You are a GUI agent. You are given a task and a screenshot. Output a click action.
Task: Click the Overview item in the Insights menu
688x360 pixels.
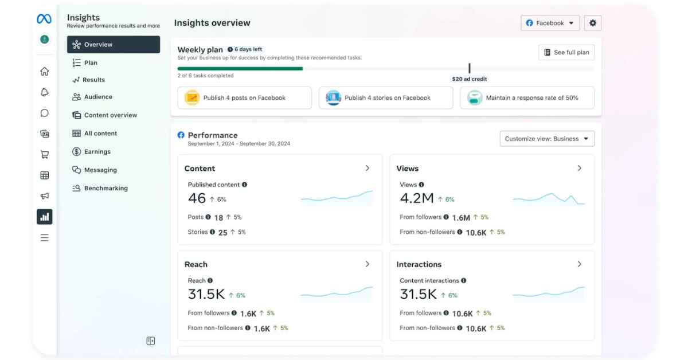[x=113, y=45]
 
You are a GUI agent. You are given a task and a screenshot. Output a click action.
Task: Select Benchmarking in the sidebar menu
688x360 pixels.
[x=105, y=188]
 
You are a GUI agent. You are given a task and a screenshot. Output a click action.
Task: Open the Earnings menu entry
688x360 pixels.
[x=97, y=152]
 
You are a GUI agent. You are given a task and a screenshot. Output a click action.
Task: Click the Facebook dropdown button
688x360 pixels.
[x=550, y=23]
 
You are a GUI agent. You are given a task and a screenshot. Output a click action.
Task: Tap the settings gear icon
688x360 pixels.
[x=593, y=23]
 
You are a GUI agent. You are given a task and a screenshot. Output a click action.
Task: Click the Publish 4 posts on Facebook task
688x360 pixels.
[x=244, y=98]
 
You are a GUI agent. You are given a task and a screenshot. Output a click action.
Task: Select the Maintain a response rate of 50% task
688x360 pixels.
[x=527, y=98]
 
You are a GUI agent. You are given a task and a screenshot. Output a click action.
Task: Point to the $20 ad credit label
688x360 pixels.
[x=469, y=79]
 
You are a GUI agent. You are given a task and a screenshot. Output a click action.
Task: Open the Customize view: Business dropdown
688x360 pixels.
[x=547, y=139]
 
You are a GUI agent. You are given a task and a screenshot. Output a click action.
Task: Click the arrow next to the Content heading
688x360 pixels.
[x=368, y=168]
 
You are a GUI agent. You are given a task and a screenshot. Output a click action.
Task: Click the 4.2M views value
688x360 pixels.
[x=416, y=198]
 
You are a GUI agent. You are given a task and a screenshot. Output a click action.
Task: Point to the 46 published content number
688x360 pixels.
[x=197, y=198]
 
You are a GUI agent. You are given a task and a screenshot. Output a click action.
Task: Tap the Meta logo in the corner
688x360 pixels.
[x=44, y=19]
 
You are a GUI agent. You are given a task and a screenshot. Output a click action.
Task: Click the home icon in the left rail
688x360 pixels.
[x=44, y=72]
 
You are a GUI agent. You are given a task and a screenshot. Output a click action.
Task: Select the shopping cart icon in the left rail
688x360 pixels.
[x=44, y=154]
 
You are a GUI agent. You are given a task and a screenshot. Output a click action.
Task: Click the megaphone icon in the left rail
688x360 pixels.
[x=44, y=196]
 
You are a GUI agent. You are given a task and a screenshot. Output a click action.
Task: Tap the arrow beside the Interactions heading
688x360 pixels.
[x=579, y=264]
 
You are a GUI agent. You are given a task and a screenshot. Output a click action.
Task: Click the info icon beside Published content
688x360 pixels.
[x=244, y=185]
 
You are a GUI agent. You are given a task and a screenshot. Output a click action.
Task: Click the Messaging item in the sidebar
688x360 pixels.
[x=100, y=170]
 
